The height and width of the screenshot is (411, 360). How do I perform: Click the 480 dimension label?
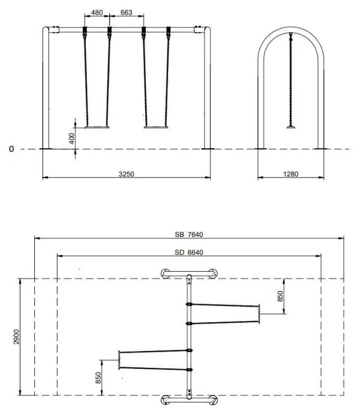(97, 13)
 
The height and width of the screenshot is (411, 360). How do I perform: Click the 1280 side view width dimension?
(290, 173)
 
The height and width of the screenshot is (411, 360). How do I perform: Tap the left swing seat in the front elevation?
(98, 127)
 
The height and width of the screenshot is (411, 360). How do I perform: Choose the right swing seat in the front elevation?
(155, 127)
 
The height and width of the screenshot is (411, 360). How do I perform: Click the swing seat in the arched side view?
(291, 127)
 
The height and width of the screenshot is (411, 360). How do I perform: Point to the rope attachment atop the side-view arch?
(291, 35)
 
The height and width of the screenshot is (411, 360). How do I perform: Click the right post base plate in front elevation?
(208, 148)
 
